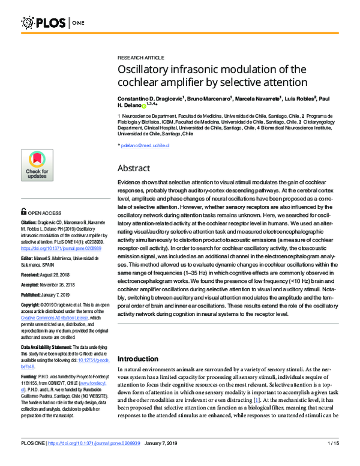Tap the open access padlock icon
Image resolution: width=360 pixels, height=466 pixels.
[x=24, y=211]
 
